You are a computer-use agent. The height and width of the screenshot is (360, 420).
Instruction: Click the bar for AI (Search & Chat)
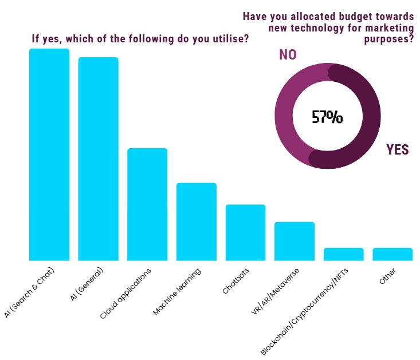(49, 155)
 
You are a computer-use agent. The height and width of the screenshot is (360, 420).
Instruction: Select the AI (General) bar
(98, 159)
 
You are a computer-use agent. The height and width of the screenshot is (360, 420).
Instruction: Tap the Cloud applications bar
(147, 204)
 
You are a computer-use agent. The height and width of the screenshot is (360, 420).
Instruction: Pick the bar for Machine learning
(197, 221)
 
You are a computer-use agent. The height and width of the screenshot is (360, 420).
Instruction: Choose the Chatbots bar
(245, 232)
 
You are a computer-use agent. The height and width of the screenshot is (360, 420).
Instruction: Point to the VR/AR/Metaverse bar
(295, 241)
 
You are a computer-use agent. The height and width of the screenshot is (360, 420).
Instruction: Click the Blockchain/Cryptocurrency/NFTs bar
(344, 254)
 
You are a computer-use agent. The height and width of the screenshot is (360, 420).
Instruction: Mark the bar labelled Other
(392, 254)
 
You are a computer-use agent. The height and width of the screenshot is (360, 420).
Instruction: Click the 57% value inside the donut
(327, 117)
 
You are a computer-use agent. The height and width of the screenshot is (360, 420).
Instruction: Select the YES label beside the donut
(397, 150)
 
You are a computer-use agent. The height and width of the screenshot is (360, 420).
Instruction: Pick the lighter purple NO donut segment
(286, 114)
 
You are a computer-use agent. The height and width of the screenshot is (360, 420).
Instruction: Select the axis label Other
(387, 276)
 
